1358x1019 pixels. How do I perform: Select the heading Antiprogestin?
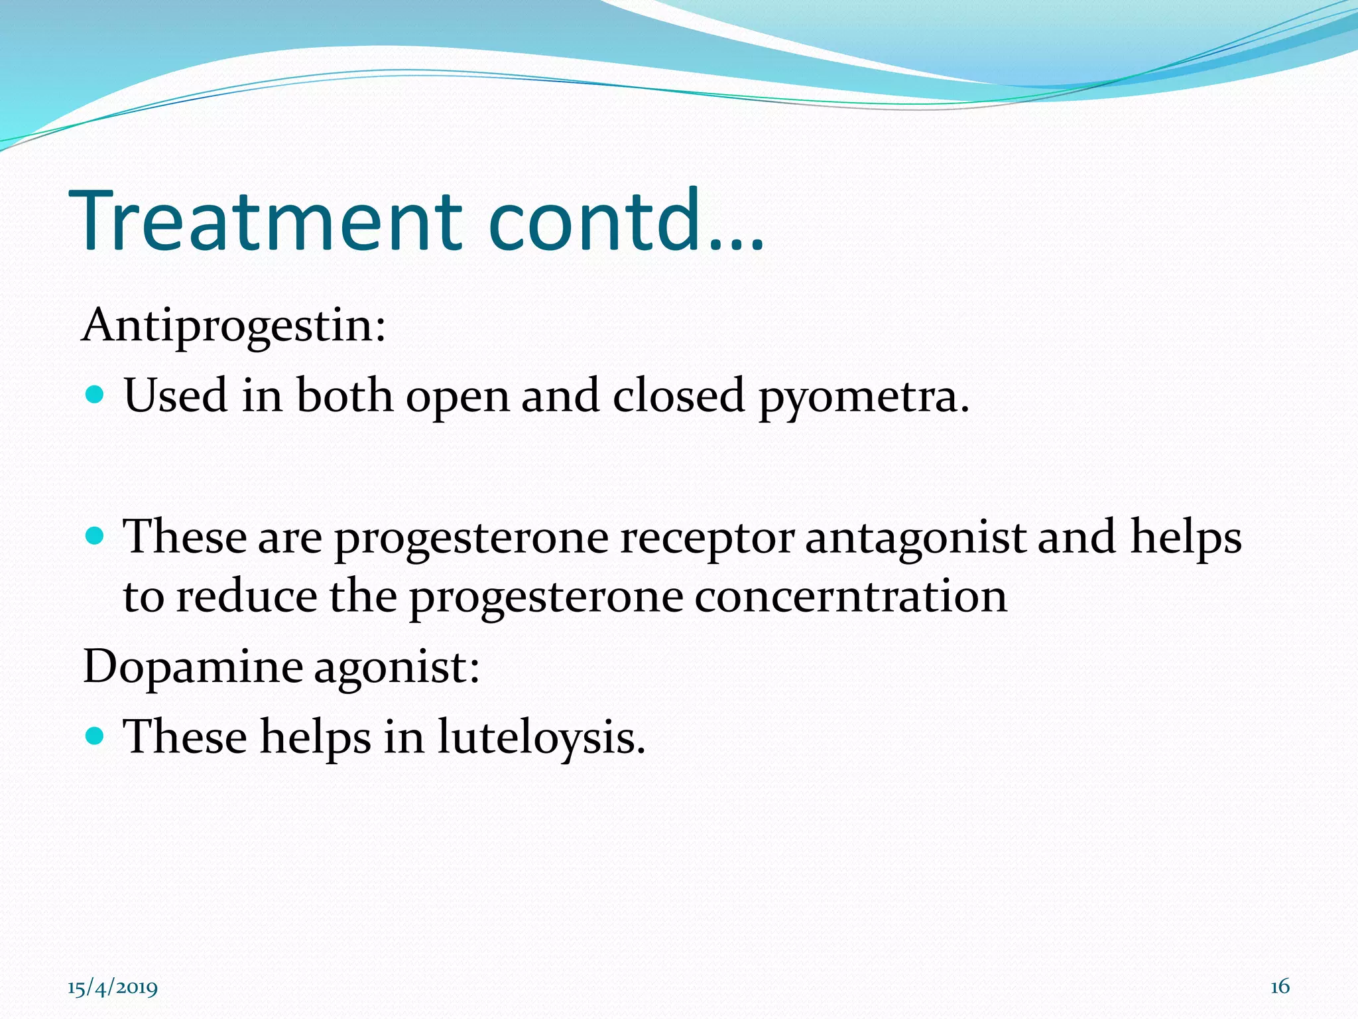tap(233, 326)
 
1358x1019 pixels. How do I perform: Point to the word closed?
tap(678, 395)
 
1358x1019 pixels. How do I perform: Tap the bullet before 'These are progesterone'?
tap(95, 535)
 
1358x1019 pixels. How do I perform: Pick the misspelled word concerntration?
tap(851, 596)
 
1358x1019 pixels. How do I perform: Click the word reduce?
tap(246, 596)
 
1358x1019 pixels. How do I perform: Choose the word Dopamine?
tap(192, 667)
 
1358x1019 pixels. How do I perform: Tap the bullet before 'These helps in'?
tap(95, 735)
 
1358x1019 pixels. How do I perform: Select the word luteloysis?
tap(541, 738)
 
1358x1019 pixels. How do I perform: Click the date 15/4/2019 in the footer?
tap(113, 988)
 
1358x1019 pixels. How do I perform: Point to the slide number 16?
tap(1280, 986)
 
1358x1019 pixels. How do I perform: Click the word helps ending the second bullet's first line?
tap(1186, 537)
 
